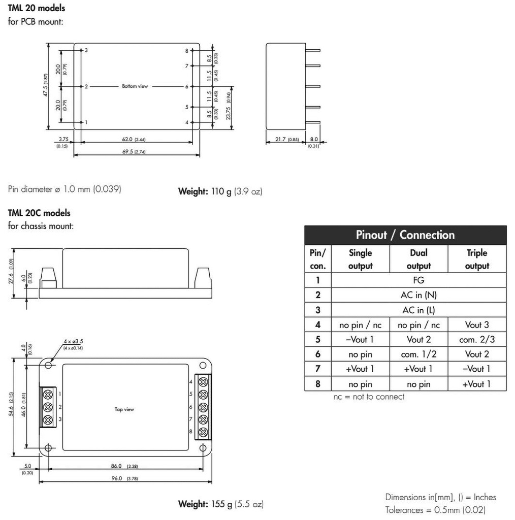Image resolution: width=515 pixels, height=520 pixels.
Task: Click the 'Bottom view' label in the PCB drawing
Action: click(135, 86)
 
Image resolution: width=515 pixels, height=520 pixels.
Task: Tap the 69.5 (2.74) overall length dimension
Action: click(134, 152)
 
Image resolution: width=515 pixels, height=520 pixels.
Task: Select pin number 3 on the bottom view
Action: click(86, 50)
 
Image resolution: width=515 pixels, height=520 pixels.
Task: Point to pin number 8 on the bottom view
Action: click(186, 51)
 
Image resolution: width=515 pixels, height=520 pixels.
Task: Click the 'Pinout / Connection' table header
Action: click(405, 235)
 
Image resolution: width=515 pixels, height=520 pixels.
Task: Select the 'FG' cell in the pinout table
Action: click(419, 280)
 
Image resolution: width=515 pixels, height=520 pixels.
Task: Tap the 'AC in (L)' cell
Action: click(419, 310)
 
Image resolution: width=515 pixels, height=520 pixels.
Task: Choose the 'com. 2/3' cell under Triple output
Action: click(476, 340)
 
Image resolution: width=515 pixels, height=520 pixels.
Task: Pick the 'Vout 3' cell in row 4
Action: click(476, 325)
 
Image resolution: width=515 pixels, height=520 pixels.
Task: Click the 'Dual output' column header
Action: click(419, 259)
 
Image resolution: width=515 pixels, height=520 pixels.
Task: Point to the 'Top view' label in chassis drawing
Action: click(124, 409)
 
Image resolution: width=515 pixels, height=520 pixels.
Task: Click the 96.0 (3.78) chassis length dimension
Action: click(124, 478)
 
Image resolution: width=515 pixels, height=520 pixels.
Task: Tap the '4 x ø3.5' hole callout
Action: click(73, 341)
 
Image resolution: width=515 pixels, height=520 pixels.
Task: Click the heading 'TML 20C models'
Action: click(39, 213)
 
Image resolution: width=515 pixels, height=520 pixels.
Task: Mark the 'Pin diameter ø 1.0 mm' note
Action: click(65, 189)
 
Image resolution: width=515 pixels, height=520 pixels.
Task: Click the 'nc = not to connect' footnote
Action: click(369, 397)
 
